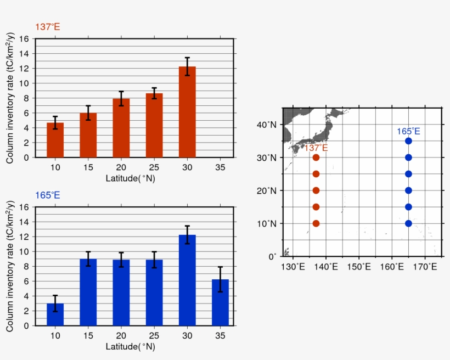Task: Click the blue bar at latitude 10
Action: coord(55,314)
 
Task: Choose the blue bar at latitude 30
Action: coord(187,280)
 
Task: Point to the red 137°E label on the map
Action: coord(316,148)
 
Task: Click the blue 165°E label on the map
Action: coord(408,131)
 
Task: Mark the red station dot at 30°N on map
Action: coord(316,157)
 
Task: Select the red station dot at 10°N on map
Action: coord(316,223)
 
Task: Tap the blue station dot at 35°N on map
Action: coord(408,141)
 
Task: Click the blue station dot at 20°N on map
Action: coord(408,190)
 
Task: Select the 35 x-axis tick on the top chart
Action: coord(220,167)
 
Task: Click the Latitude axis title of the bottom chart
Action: coord(130,346)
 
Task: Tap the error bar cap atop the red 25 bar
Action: coord(154,88)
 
